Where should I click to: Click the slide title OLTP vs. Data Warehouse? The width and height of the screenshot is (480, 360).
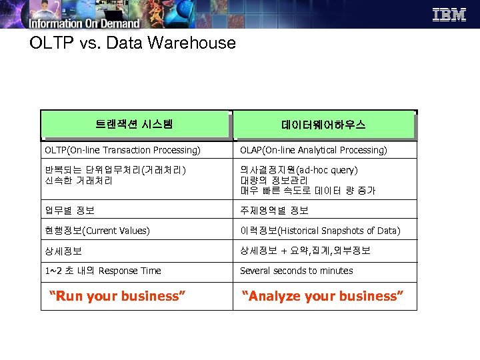[x=133, y=43]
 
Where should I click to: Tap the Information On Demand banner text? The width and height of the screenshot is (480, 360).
[x=84, y=23]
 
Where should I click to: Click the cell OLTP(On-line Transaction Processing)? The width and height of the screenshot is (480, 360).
[x=123, y=150]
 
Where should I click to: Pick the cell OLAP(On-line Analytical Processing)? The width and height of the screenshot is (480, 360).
[x=313, y=150]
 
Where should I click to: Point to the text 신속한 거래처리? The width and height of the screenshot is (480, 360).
[x=79, y=180]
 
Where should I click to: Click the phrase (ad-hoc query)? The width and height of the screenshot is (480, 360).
[x=327, y=170]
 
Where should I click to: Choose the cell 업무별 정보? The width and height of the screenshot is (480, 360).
[x=70, y=211]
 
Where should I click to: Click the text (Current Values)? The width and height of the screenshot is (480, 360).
[x=116, y=231]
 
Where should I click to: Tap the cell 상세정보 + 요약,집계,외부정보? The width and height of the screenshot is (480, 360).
[x=305, y=251]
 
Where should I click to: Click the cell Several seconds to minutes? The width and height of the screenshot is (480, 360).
[x=296, y=271]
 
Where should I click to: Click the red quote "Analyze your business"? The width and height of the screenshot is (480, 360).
[x=323, y=296]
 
